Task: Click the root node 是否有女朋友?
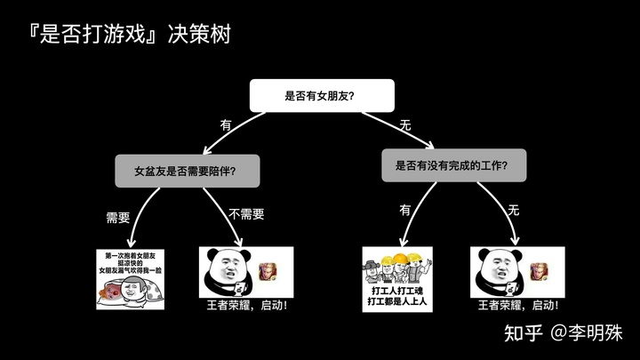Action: point(319,95)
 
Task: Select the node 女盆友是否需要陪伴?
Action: point(187,170)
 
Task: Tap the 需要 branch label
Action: point(118,216)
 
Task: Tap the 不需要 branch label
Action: point(246,214)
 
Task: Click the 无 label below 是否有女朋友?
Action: point(405,125)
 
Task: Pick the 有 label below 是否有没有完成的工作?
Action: point(405,210)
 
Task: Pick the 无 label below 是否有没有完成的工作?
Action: point(513,210)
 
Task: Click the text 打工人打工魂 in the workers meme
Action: point(396,290)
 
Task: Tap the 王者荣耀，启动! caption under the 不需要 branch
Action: point(246,307)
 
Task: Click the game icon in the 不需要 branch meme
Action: point(267,270)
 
